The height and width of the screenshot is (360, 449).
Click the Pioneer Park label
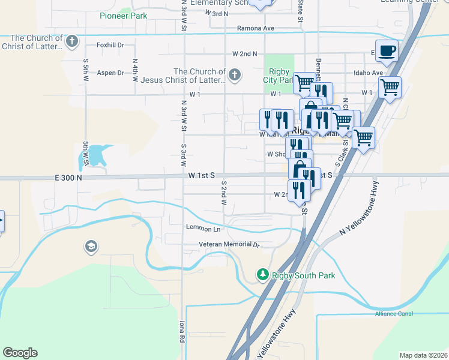point(124,16)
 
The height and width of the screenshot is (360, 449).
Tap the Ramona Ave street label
point(255,28)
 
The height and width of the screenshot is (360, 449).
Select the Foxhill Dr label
point(110,44)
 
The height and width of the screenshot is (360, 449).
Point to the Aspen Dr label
point(110,73)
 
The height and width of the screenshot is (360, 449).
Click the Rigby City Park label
point(278,76)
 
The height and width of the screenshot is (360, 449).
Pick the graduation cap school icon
point(91,246)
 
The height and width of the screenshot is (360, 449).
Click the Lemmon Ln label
point(203,229)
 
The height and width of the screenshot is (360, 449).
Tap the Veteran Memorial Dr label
point(229,245)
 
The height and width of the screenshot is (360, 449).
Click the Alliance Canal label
point(393,313)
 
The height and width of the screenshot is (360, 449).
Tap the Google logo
point(20,352)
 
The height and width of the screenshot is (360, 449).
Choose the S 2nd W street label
point(223,194)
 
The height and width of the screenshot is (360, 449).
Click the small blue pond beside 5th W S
point(90,158)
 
